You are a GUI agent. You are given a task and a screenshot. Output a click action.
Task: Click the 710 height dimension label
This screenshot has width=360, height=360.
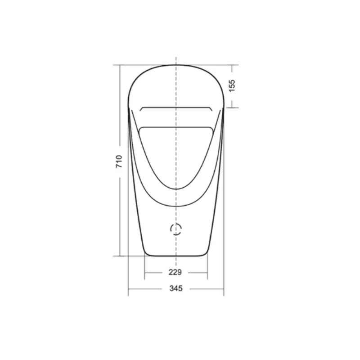pos(119,162)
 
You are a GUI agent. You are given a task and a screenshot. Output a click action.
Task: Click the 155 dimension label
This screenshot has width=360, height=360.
pos(232,85)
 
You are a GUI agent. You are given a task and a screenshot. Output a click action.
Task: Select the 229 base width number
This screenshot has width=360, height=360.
pos(175,272)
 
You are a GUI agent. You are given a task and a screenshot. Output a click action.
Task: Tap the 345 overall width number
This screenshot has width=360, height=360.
pos(176,288)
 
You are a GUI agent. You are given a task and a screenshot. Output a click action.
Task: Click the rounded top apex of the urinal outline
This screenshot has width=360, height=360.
pos(176,65)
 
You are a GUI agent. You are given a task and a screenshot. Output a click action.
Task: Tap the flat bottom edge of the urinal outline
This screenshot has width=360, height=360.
pos(176,256)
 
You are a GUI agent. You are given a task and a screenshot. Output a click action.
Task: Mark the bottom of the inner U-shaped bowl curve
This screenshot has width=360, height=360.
pos(176,189)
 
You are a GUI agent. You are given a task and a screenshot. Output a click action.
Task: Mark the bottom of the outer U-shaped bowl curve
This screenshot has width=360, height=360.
pos(176,206)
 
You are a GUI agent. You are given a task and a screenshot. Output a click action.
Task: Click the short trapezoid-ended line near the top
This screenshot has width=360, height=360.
pos(176,107)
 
